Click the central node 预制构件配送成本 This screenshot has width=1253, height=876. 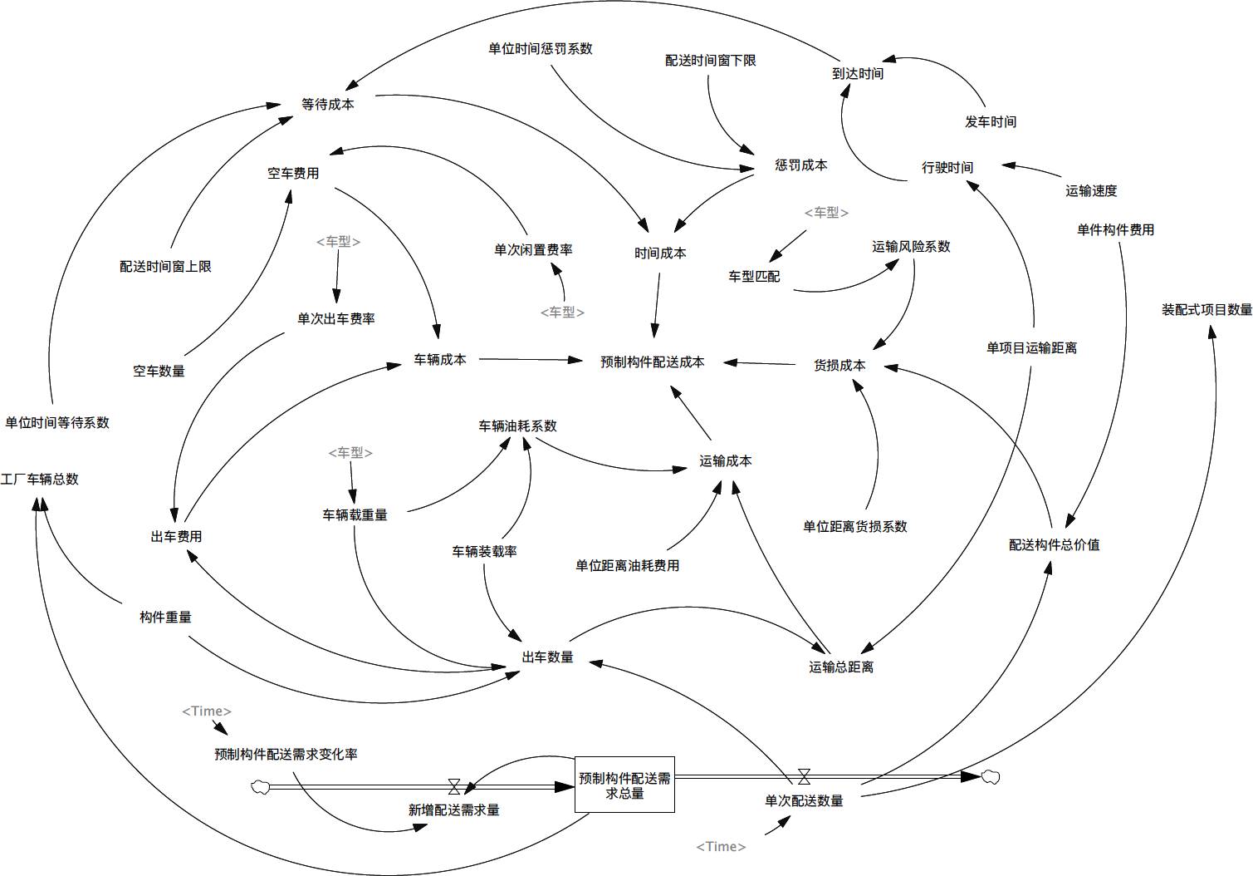[x=652, y=362]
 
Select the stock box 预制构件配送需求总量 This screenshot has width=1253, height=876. [x=624, y=785]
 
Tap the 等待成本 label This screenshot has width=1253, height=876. [x=327, y=104]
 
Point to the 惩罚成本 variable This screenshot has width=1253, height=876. [x=800, y=165]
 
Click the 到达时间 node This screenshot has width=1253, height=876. [x=858, y=73]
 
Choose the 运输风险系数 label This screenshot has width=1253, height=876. [x=911, y=246]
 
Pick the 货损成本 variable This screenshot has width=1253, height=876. [x=839, y=364]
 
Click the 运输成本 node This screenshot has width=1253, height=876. [x=726, y=460]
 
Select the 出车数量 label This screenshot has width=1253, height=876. [x=547, y=657]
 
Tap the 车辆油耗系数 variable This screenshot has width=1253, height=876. [x=517, y=426]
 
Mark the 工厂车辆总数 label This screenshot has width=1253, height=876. [x=40, y=479]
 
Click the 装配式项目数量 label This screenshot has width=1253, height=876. [x=1207, y=309]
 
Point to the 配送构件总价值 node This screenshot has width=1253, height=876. [x=1054, y=544]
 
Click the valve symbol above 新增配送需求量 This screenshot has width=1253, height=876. [x=454, y=785]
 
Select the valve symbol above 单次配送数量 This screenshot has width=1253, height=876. [x=804, y=776]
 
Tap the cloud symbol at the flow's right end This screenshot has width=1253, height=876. [x=990, y=776]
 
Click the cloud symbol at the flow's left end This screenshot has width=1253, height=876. [x=260, y=785]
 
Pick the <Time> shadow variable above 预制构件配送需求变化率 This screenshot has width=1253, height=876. [x=207, y=711]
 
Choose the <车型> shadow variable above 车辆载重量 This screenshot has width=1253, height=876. [x=350, y=452]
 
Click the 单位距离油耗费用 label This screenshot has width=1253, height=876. [x=627, y=565]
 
